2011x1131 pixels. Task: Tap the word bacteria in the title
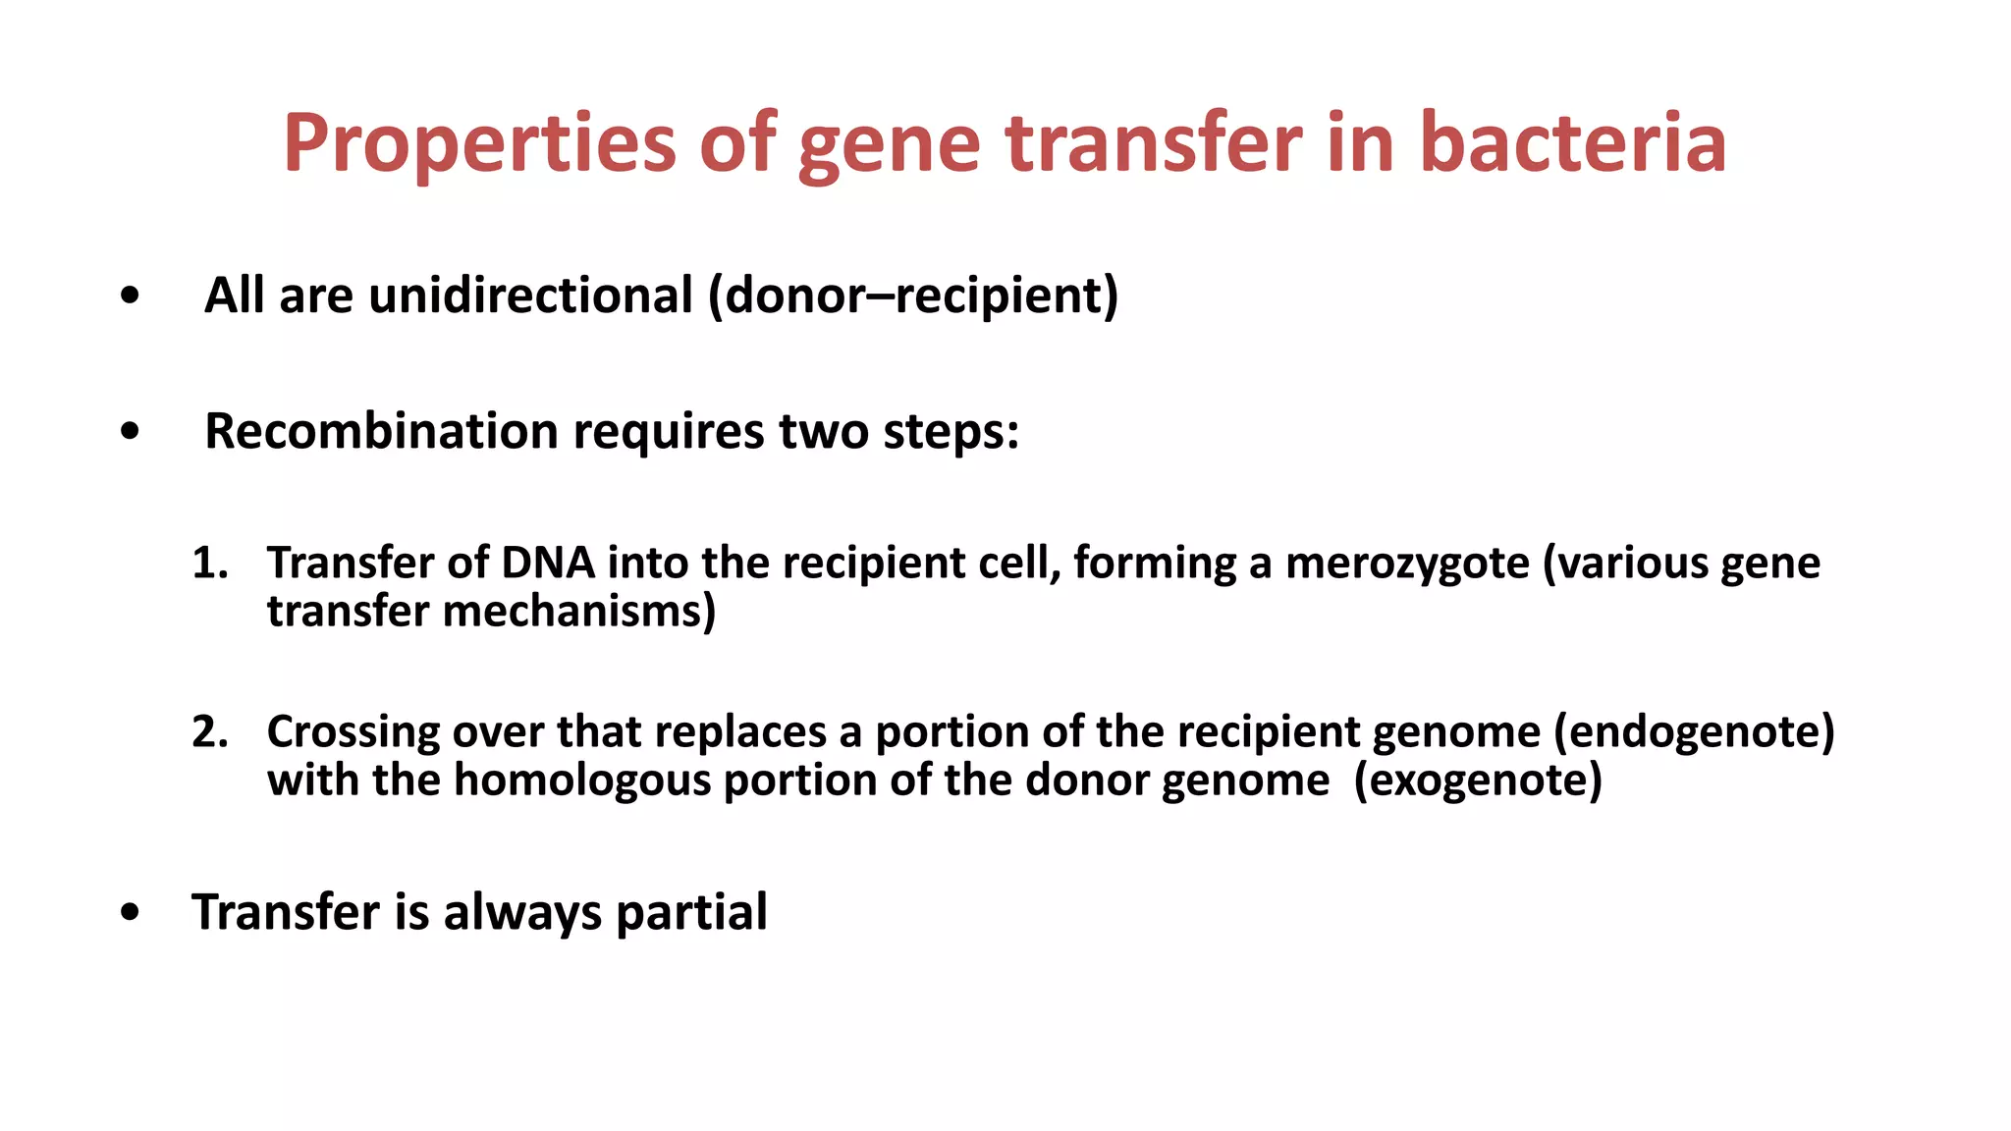1573,143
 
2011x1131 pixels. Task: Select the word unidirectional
530,296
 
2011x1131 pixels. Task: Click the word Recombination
381,431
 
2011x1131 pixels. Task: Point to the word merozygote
1407,564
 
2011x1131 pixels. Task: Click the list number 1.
208,564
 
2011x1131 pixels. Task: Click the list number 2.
208,732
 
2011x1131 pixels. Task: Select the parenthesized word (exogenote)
1478,781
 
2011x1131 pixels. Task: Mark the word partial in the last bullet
691,912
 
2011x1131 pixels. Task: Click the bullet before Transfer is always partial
130,913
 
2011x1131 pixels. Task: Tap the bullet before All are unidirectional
130,296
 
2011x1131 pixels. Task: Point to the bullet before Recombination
130,432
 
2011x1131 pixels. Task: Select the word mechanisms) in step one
579,612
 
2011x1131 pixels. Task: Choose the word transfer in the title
1154,143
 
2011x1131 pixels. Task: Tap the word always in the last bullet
521,912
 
